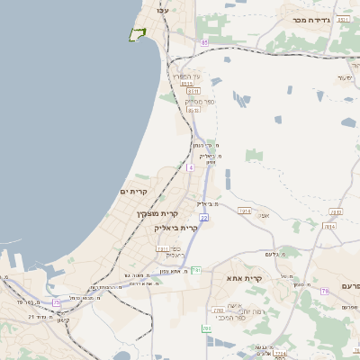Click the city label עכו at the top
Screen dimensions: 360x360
pos(163,9)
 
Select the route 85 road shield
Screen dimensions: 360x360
pos(204,42)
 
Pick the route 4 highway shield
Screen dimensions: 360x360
pos(190,167)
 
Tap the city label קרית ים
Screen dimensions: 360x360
pos(132,191)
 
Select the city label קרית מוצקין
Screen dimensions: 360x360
pos(157,214)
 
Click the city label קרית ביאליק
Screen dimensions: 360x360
pos(176,228)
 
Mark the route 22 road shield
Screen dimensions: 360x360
pos(203,217)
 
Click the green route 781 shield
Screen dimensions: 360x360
pos(196,269)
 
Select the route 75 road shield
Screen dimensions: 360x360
pos(58,301)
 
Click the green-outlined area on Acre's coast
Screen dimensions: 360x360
pos(138,34)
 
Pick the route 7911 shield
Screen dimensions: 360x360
pos(162,247)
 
